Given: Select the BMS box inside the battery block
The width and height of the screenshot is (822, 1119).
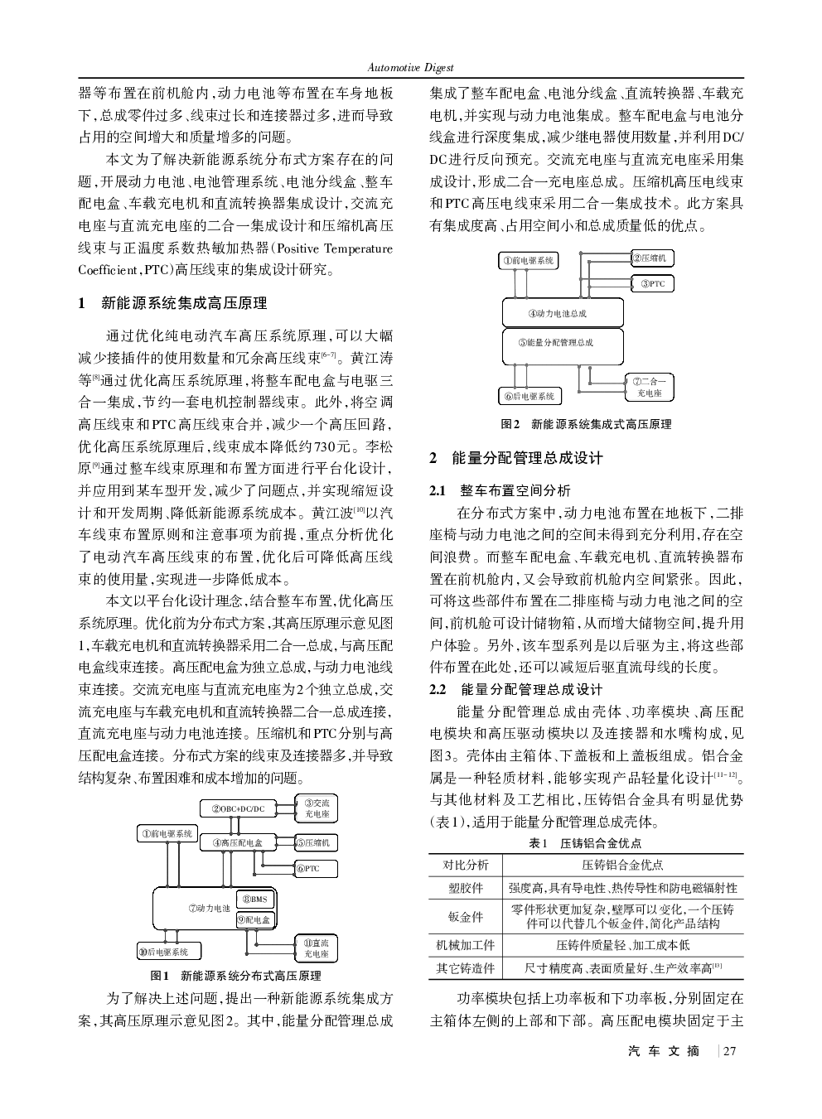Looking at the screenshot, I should [x=257, y=900].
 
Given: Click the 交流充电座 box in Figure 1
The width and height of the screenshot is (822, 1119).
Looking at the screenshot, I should [x=317, y=808].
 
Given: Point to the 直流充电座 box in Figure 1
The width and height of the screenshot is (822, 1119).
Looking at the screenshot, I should [x=317, y=948].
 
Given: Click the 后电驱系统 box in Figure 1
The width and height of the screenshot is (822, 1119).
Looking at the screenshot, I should [x=168, y=953].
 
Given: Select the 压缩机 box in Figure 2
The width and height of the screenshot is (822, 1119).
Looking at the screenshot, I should [x=652, y=258].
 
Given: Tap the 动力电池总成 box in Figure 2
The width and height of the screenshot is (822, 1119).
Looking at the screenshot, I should [x=563, y=313].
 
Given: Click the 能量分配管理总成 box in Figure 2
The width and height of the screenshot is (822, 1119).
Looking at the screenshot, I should [x=563, y=344].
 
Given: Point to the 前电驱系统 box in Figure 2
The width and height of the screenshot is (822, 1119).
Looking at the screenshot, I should [x=528, y=261].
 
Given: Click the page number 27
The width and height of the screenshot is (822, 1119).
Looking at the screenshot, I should [x=729, y=1052].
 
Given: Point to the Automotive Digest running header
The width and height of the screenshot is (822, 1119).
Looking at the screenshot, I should [x=410, y=68].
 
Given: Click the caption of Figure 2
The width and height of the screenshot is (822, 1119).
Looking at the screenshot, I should [x=586, y=425].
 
